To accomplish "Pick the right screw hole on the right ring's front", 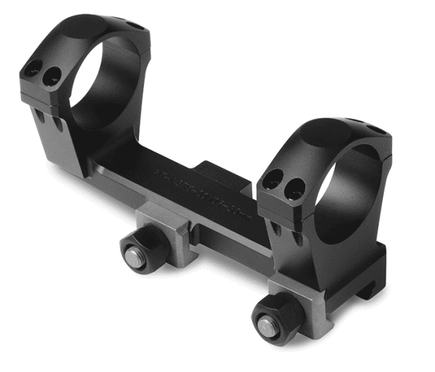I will pyautogui.click(x=294, y=189).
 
